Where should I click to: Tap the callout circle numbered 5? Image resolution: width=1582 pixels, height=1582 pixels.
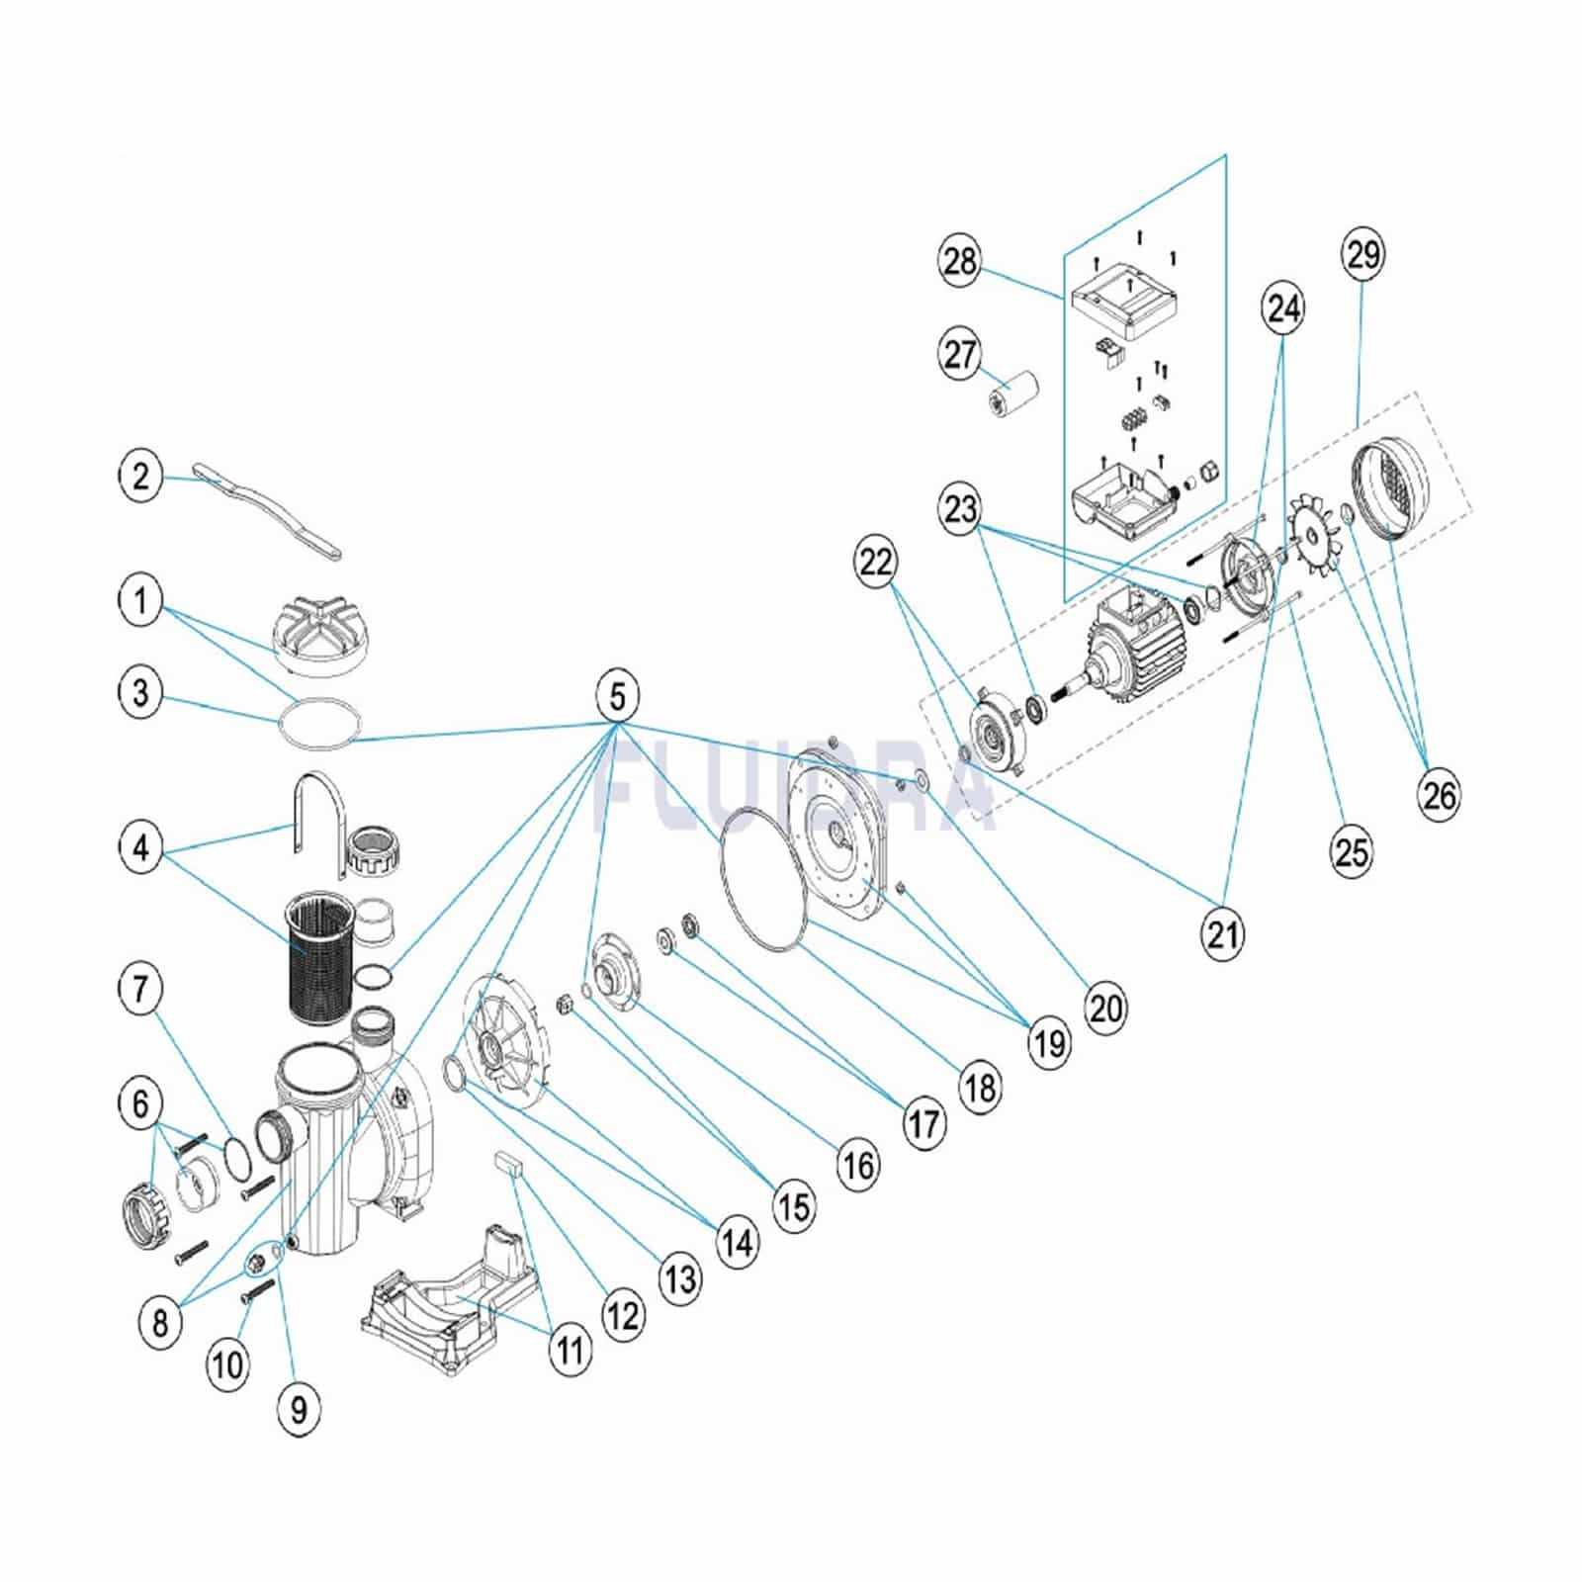click(618, 697)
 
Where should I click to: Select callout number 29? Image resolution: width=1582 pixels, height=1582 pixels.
click(1362, 254)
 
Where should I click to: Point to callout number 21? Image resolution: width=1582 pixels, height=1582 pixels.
click(1223, 931)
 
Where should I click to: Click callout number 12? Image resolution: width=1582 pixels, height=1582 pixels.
click(623, 1316)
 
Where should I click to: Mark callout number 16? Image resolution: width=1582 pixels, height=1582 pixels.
click(857, 1166)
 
